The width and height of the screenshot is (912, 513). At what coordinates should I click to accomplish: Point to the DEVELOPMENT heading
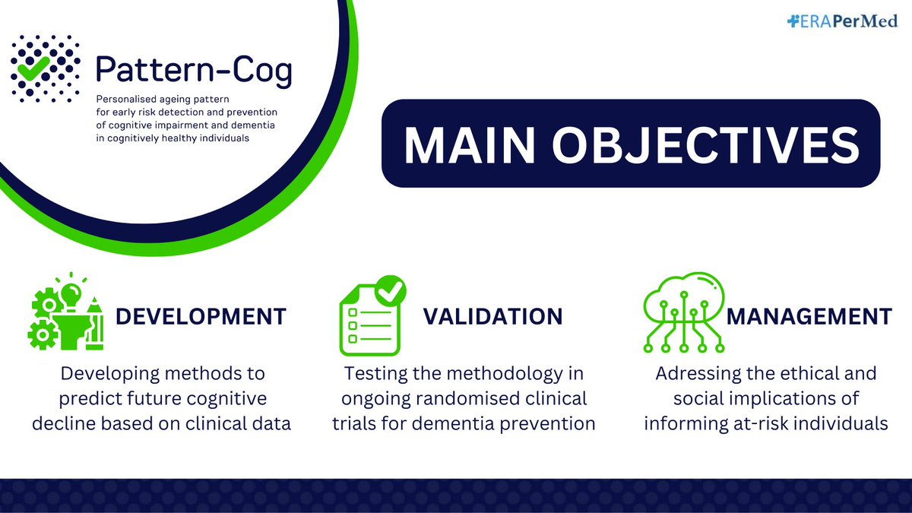201,315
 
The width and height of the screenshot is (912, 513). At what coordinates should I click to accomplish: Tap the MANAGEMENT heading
809,315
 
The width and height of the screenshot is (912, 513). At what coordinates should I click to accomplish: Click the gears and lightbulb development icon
66,312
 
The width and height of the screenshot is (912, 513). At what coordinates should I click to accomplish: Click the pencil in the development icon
95,322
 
